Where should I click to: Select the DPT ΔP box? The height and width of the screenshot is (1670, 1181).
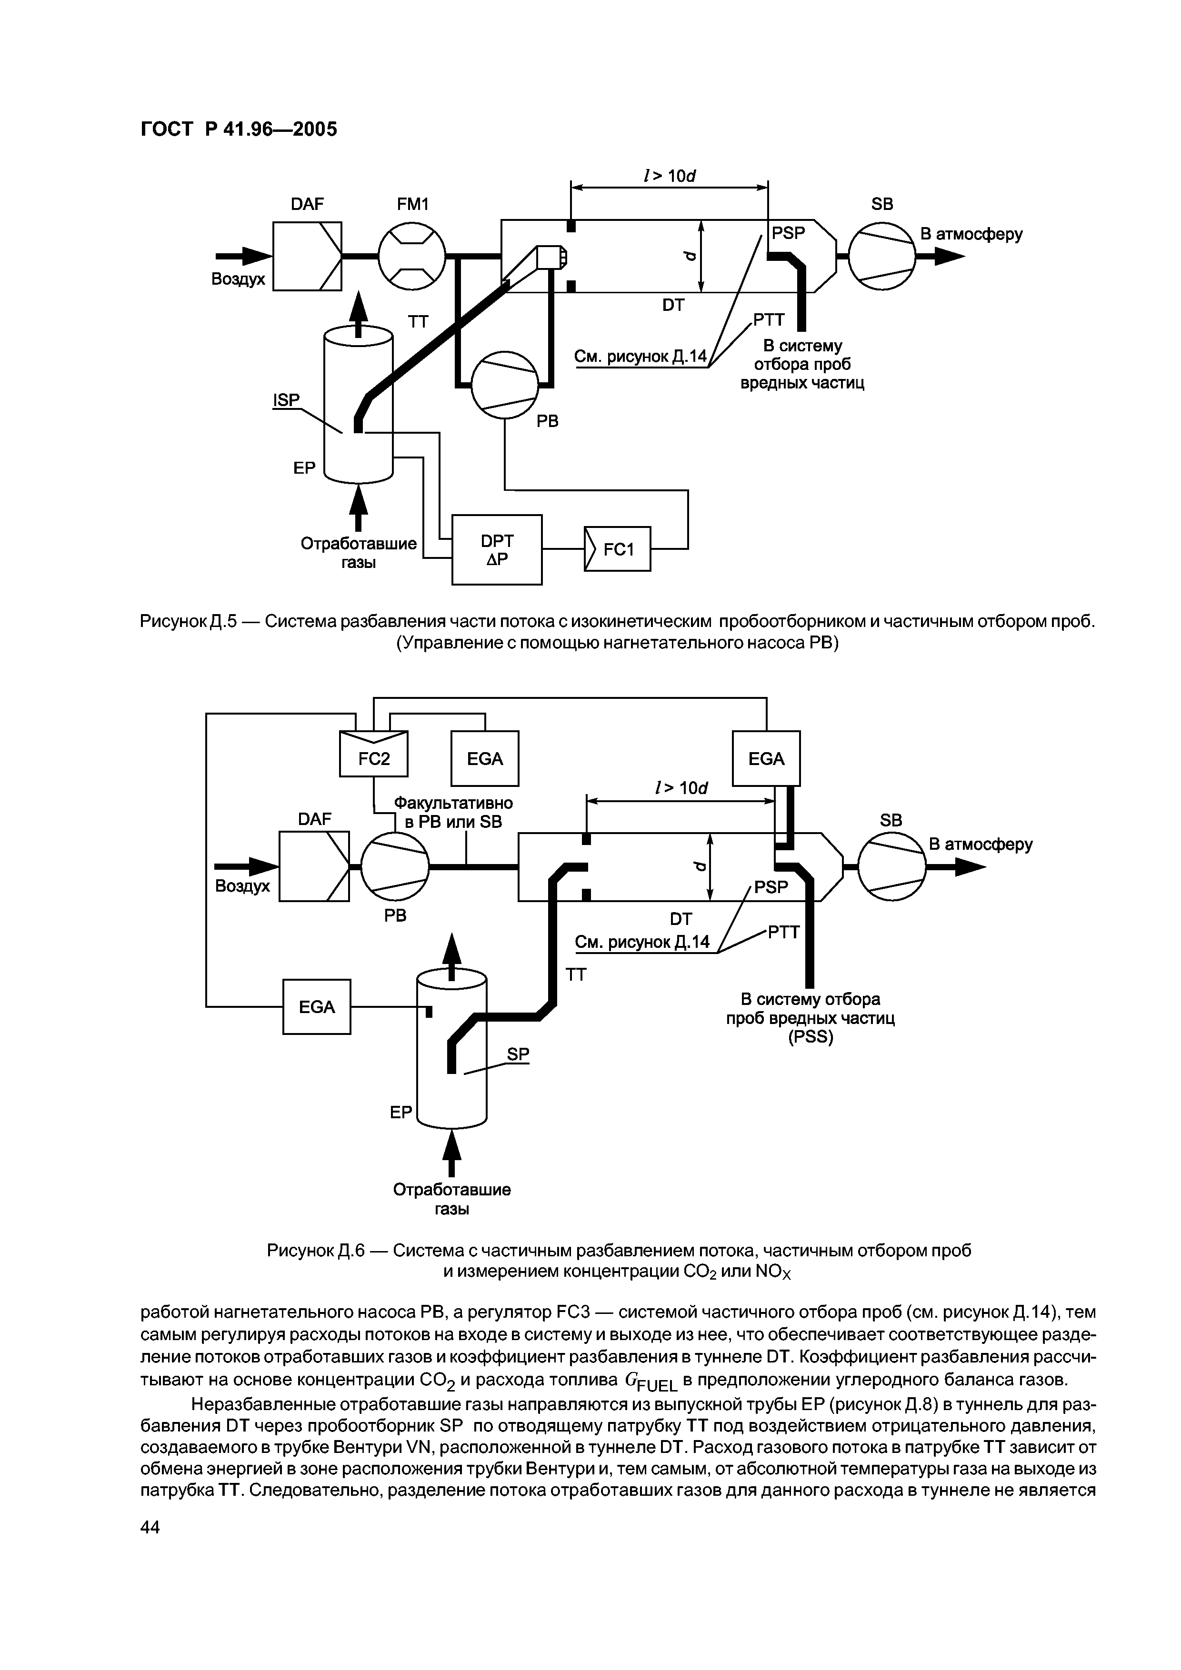click(x=497, y=550)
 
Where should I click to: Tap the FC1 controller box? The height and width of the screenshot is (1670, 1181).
click(x=617, y=549)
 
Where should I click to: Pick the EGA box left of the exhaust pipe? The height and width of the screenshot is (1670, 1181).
click(x=317, y=1007)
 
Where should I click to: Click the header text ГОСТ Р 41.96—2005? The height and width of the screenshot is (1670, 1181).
click(x=239, y=129)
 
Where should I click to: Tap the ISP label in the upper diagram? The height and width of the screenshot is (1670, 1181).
click(x=286, y=400)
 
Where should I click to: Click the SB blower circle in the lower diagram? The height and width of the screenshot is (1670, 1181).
click(x=891, y=866)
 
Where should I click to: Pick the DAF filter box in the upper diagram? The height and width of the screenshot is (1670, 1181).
click(x=307, y=256)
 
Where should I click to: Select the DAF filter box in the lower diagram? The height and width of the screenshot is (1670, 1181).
click(x=314, y=866)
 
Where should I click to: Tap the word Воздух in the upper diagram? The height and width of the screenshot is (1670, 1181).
click(x=238, y=279)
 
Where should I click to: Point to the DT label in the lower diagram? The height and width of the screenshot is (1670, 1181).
click(x=681, y=919)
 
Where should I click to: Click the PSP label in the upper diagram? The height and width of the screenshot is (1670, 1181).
click(x=789, y=233)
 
